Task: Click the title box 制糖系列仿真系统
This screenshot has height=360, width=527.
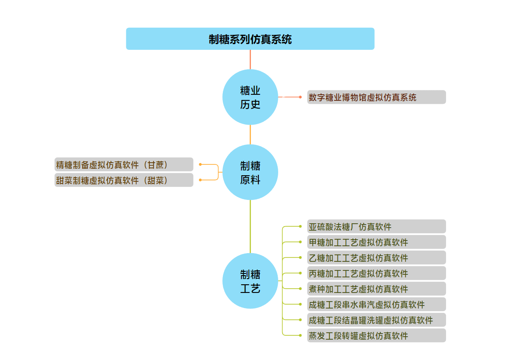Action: pyautogui.click(x=250, y=39)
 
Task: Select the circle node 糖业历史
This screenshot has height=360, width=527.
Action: pyautogui.click(x=250, y=97)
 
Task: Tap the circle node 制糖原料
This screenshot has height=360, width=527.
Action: pyautogui.click(x=250, y=172)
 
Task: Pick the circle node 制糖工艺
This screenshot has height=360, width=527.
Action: pyautogui.click(x=250, y=281)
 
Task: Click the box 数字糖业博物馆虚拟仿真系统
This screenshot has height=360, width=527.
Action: pyautogui.click(x=376, y=97)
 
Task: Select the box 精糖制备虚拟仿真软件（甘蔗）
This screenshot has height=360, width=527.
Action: pyautogui.click(x=124, y=164)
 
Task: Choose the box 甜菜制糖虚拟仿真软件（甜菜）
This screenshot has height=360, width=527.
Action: pyautogui.click(x=124, y=180)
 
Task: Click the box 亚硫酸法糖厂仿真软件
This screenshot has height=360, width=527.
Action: pyautogui.click(x=376, y=226)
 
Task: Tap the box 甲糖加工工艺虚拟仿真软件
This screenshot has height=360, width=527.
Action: pyautogui.click(x=376, y=242)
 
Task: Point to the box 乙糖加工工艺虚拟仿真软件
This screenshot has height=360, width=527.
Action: pyautogui.click(x=376, y=257)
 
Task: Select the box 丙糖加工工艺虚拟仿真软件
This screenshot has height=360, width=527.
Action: pyautogui.click(x=376, y=273)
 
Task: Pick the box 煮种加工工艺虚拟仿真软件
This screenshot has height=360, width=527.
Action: pyautogui.click(x=376, y=289)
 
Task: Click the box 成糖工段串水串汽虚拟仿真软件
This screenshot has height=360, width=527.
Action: pyautogui.click(x=376, y=304)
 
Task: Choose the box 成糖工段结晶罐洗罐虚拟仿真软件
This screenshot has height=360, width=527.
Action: pyautogui.click(x=376, y=320)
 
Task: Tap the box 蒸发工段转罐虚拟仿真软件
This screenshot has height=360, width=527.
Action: pyautogui.click(x=376, y=335)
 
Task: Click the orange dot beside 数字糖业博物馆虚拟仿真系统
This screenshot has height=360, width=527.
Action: pyautogui.click(x=300, y=97)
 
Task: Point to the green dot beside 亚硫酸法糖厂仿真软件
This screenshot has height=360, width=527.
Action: pyautogui.click(x=300, y=226)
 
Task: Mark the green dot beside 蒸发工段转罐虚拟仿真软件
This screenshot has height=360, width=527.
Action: pyautogui.click(x=300, y=335)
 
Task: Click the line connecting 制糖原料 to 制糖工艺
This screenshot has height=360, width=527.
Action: pyautogui.click(x=250, y=226)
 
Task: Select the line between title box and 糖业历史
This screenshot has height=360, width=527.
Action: pyautogui.click(x=250, y=59)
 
